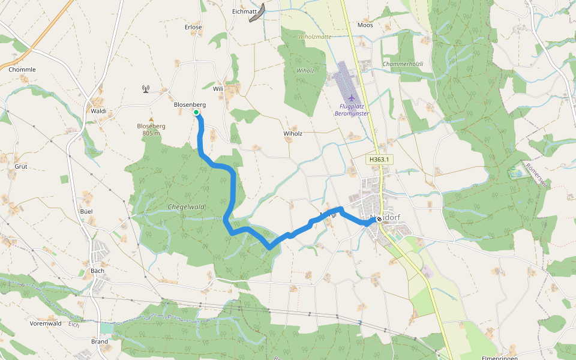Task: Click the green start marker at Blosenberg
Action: (x=196, y=112)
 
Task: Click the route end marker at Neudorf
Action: (x=379, y=220)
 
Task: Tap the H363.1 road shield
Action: (x=380, y=160)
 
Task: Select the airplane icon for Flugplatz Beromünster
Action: (x=351, y=98)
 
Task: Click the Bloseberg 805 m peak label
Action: (x=151, y=130)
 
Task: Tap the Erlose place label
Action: (x=193, y=27)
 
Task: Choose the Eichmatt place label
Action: (x=244, y=11)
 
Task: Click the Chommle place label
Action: (x=22, y=70)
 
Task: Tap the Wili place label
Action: (x=218, y=88)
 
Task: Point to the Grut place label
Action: (x=21, y=166)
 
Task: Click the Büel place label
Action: (x=86, y=212)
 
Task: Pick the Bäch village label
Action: (x=97, y=271)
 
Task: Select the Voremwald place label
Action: (x=46, y=323)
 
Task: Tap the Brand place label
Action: (x=100, y=341)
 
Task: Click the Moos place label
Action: (x=365, y=25)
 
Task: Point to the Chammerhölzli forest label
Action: (x=403, y=64)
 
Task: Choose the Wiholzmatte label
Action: (x=314, y=37)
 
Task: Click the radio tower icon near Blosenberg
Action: (x=145, y=89)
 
